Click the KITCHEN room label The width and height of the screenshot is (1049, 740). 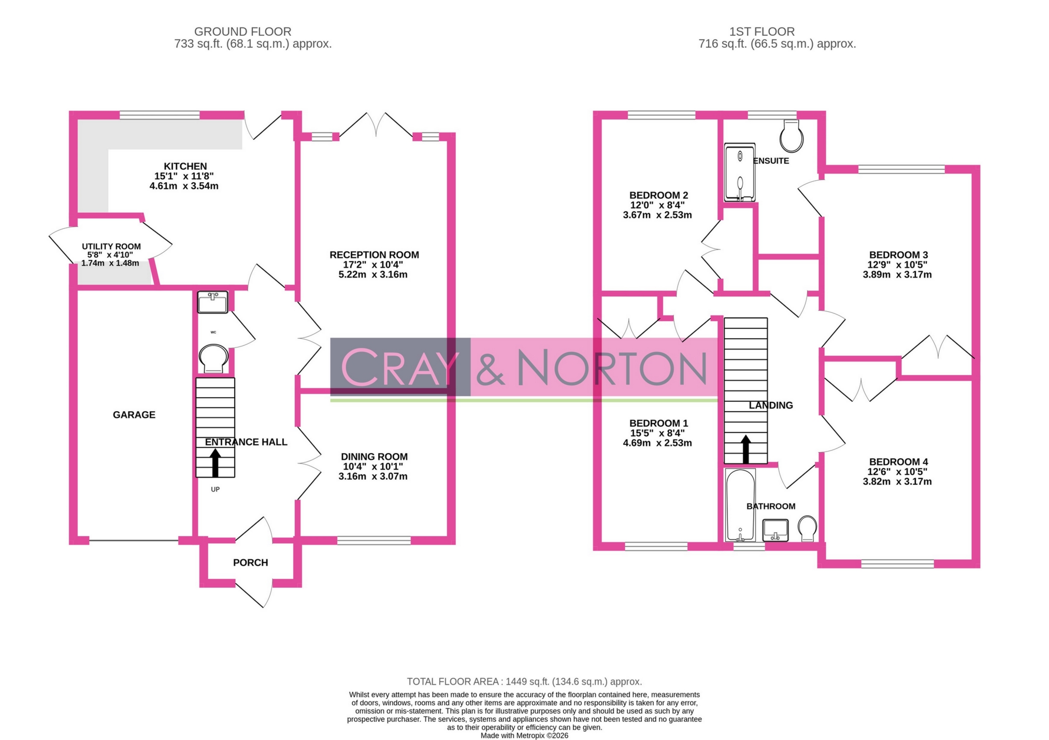pos(185,166)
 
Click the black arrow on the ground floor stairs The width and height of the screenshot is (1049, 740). pos(215,462)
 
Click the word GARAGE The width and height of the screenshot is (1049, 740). pos(134,415)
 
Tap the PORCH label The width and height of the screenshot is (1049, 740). pos(250,562)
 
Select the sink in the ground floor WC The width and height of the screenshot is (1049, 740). pos(212,302)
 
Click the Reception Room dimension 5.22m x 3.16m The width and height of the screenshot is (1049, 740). pos(372,274)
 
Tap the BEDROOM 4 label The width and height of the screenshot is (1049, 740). pos(898,461)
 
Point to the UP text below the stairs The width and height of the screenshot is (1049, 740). pos(215,489)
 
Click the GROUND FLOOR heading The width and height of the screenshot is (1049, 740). pos(242,32)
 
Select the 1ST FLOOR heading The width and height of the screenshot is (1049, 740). pos(761,32)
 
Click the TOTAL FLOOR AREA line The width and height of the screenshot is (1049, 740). pos(524,681)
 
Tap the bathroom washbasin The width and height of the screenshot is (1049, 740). pos(775,530)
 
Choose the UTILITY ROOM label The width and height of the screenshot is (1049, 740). pos(111,246)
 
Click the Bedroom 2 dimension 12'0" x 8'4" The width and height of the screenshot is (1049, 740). pos(657,205)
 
